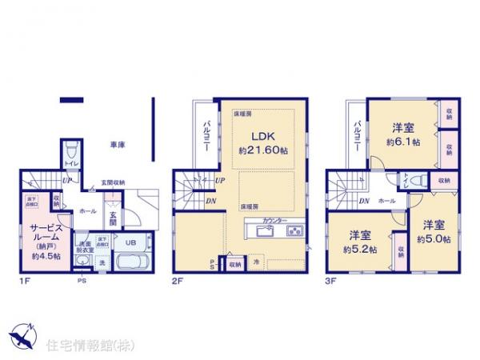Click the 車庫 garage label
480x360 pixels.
click(117, 145)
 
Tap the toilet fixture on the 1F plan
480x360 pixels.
click(71, 150)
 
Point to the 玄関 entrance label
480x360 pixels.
click(113, 218)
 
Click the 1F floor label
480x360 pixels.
click(26, 282)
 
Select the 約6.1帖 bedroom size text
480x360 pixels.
click(402, 142)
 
